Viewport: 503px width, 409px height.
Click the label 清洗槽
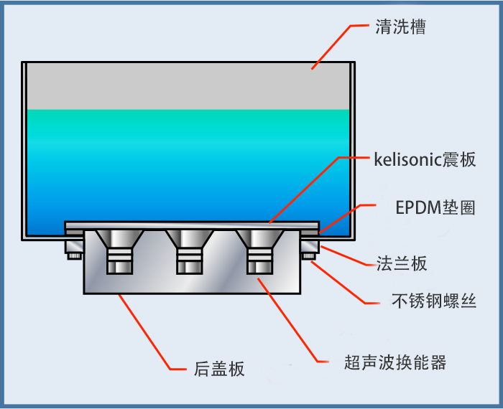coord(400,27)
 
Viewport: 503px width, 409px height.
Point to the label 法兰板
coord(402,263)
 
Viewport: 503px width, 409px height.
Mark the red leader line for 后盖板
coord(147,334)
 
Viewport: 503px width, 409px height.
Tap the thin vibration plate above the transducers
coord(190,224)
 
